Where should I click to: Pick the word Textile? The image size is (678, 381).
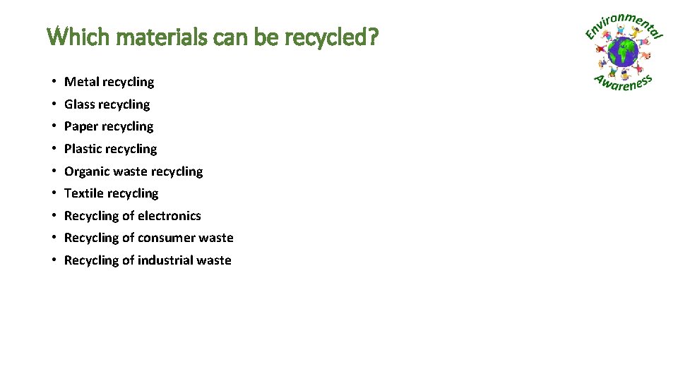(x=83, y=193)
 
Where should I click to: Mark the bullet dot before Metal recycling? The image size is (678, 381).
(x=54, y=82)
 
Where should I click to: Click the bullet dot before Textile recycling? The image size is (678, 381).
(x=54, y=193)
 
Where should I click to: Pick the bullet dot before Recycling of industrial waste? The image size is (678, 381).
(x=54, y=260)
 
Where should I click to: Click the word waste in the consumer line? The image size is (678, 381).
(x=216, y=238)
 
